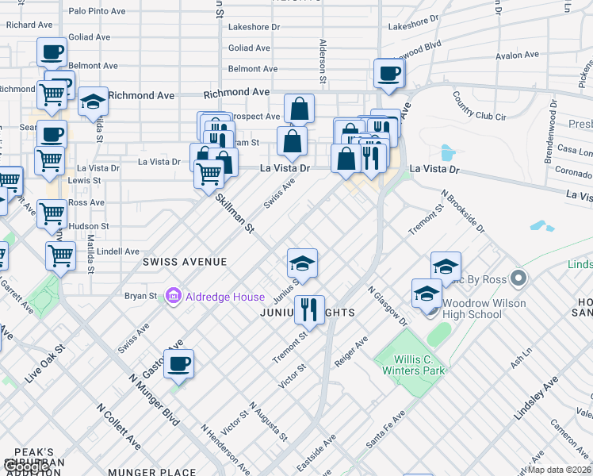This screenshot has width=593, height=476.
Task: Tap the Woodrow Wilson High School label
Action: pos(484,309)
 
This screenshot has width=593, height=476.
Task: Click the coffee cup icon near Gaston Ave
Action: pos(179,364)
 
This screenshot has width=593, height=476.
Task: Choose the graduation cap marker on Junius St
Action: pos(302,262)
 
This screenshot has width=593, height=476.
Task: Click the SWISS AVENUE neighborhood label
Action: pos(185,262)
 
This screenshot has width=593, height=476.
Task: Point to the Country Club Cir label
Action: pos(479,106)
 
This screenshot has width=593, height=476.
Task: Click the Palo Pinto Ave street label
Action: pos(98,11)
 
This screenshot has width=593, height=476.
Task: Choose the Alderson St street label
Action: pos(323,62)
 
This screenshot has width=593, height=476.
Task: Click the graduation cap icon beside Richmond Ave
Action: pos(93,102)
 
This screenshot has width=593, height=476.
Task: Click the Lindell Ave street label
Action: pos(119,251)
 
